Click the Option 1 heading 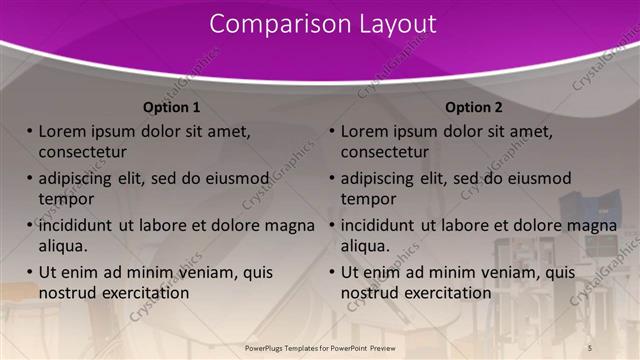click(x=171, y=107)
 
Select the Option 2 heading click(x=474, y=107)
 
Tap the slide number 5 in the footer click(x=589, y=347)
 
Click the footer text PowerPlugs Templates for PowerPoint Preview click(x=321, y=347)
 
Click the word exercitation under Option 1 click(x=139, y=293)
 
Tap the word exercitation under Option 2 click(x=442, y=293)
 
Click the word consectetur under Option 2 click(x=385, y=152)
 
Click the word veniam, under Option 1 click(x=196, y=272)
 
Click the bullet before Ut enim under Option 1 click(x=28, y=272)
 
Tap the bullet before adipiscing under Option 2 click(x=331, y=178)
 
